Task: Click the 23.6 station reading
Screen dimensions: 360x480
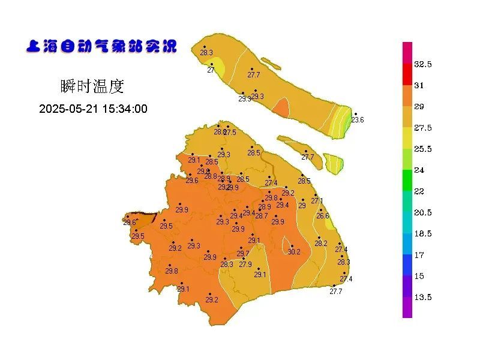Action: coord(358,120)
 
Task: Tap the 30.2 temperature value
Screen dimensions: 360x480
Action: coord(294,252)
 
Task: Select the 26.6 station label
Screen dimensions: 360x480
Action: coord(323,216)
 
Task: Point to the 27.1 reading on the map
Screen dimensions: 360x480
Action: coord(317,201)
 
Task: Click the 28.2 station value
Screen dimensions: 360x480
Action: coord(321,244)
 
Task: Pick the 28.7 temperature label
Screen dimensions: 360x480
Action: coord(262,216)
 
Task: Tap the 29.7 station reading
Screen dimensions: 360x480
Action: coord(243,254)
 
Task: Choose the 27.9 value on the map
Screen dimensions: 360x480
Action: coord(245,264)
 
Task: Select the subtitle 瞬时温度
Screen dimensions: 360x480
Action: coord(92,86)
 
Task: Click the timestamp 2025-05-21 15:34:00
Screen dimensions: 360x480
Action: coord(93,109)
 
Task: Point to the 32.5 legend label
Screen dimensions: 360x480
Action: coord(423,64)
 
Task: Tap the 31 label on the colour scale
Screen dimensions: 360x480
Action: coord(419,85)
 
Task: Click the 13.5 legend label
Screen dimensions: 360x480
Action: coord(423,297)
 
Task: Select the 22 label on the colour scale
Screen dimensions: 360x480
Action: coord(419,191)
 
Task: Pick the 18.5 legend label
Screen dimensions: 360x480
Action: coord(423,233)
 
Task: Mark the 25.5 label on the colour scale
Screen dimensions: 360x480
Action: coord(423,149)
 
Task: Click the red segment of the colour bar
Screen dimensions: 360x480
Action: coord(407,74)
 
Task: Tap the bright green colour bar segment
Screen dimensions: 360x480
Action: coord(407,180)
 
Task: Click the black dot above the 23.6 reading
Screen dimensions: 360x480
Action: coord(355,114)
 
